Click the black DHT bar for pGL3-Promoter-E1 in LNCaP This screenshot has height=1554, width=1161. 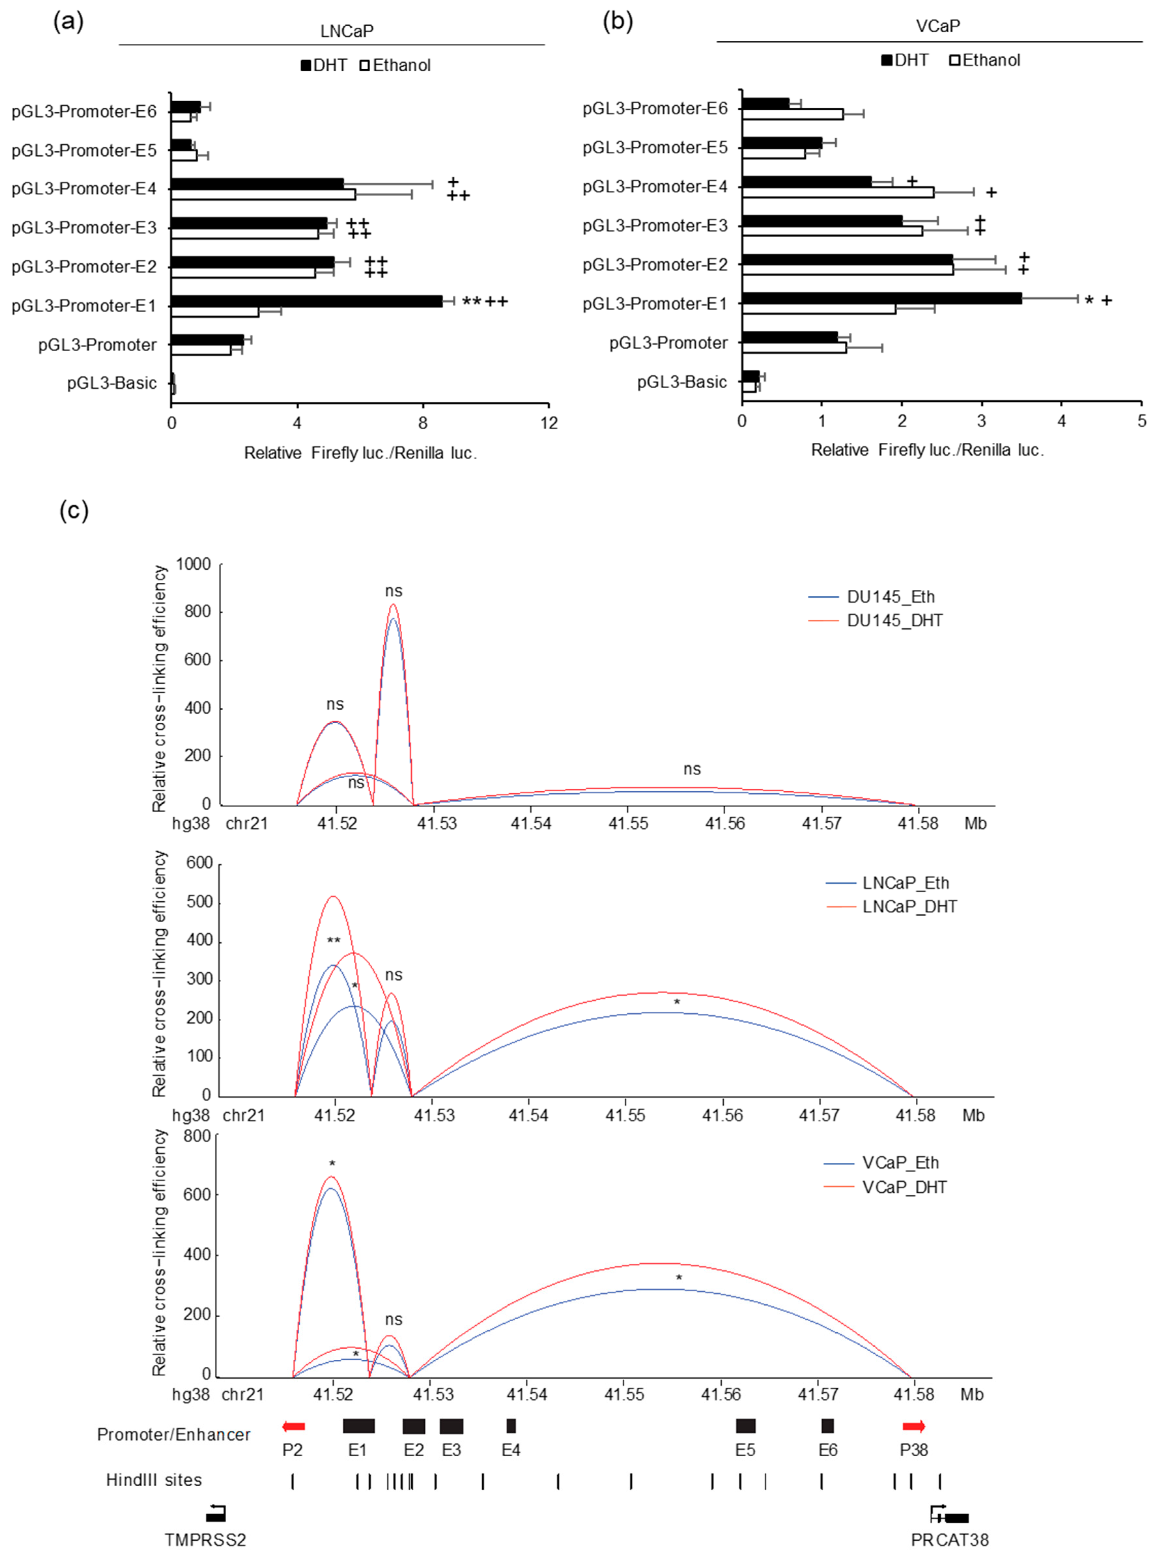306,301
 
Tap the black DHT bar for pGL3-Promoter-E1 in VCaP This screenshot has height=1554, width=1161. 881,298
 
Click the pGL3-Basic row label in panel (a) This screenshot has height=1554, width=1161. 112,383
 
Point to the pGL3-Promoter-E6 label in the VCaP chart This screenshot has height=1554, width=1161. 655,108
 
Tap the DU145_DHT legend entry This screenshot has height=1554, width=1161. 894,620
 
